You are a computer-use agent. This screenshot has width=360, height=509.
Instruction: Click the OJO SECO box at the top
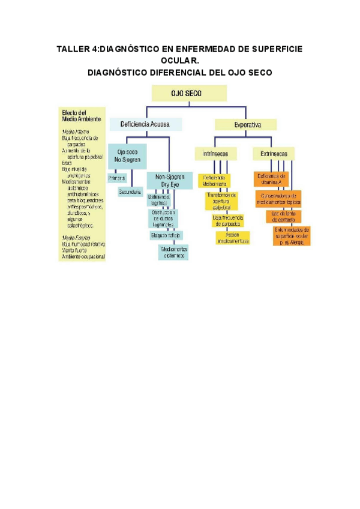point(189,94)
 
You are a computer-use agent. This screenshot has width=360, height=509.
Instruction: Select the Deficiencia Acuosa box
point(145,125)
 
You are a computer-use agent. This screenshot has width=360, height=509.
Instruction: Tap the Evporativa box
point(246,125)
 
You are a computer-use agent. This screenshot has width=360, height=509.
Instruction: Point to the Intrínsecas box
point(215,154)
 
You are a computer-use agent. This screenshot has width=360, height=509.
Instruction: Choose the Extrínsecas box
point(274,154)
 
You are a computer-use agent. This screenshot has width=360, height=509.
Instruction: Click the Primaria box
point(117,178)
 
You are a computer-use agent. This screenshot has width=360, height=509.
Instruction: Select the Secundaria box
point(130,192)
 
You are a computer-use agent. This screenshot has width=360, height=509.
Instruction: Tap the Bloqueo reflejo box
point(166,235)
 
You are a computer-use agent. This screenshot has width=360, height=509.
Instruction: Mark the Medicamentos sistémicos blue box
point(173,252)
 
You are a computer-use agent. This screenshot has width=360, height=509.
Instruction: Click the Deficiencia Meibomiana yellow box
point(214,181)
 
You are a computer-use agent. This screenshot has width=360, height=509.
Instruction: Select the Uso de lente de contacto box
point(283,215)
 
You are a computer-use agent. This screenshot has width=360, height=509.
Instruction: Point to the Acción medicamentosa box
point(233,238)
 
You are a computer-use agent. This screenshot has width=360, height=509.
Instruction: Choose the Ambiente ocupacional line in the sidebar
point(83,257)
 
